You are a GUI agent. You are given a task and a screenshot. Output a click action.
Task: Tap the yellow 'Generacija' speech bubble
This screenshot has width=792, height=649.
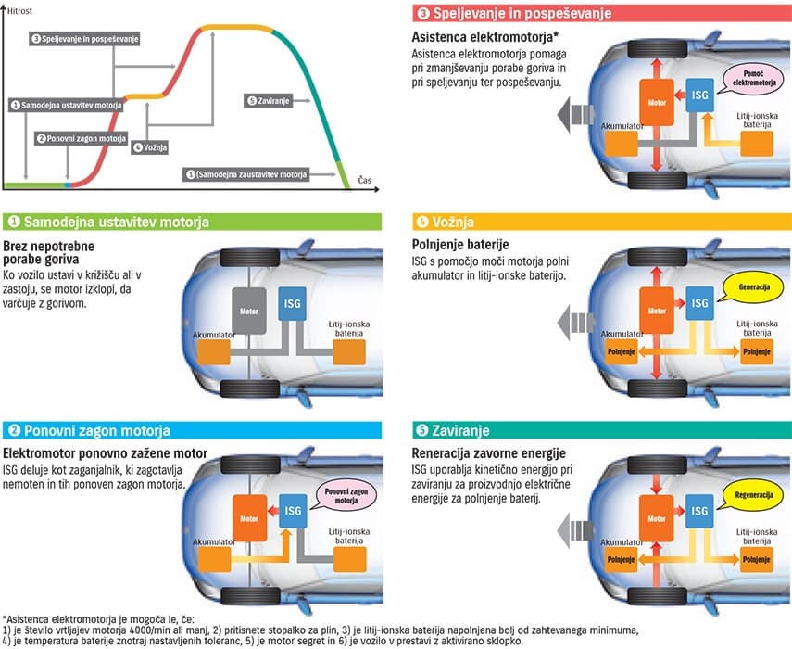753,287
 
